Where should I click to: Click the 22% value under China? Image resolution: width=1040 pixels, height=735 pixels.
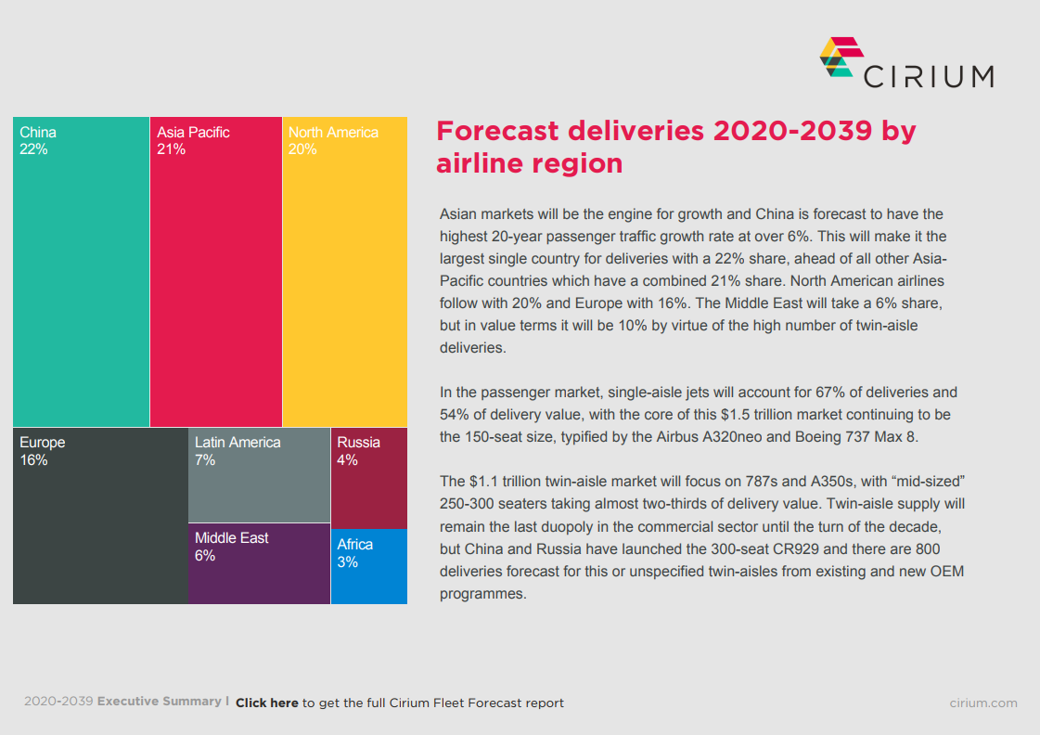pyautogui.click(x=33, y=149)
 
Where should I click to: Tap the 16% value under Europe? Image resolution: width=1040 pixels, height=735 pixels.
pyautogui.click(x=33, y=460)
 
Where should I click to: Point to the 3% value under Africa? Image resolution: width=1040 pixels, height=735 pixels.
pyautogui.click(x=347, y=562)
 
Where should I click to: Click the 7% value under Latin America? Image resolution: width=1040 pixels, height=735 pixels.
pyautogui.click(x=205, y=460)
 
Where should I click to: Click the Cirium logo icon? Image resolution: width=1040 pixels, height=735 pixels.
pyautogui.click(x=837, y=58)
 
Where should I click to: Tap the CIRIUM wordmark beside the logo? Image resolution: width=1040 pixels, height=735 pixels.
pyautogui.click(x=928, y=76)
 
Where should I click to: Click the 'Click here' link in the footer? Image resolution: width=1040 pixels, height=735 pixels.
pyautogui.click(x=267, y=703)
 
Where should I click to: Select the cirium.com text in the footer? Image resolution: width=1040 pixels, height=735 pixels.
pyautogui.click(x=983, y=703)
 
